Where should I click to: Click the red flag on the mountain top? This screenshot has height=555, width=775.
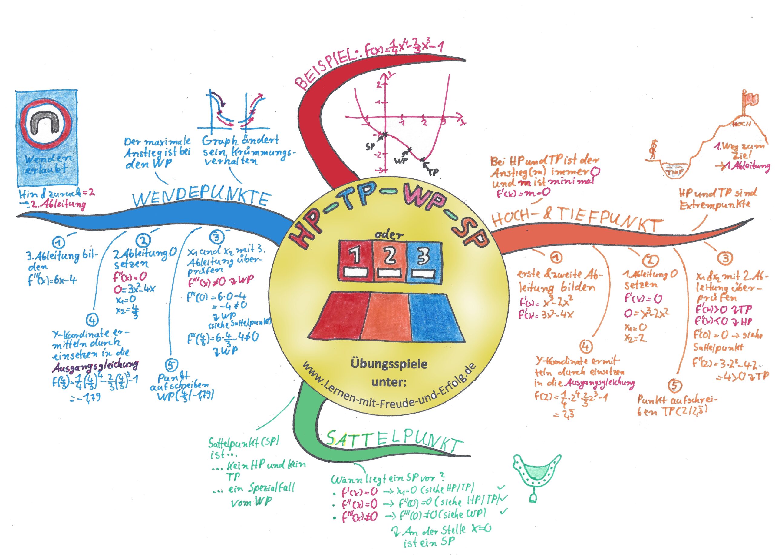click(x=751, y=99)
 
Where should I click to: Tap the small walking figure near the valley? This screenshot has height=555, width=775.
click(x=653, y=149)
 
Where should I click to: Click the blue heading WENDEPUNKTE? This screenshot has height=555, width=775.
click(x=201, y=198)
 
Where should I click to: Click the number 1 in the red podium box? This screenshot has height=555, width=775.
click(x=355, y=255)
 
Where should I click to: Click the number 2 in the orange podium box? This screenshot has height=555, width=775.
click(x=390, y=256)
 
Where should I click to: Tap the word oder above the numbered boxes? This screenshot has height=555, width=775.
click(x=388, y=235)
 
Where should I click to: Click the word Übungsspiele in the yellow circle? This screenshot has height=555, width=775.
click(x=389, y=364)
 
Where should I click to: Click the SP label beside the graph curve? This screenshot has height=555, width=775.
click(x=370, y=146)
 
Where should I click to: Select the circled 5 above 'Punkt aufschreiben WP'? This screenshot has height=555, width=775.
click(x=171, y=365)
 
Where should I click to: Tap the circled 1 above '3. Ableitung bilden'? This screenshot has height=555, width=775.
click(x=59, y=243)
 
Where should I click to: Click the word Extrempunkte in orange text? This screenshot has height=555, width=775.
click(x=714, y=205)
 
